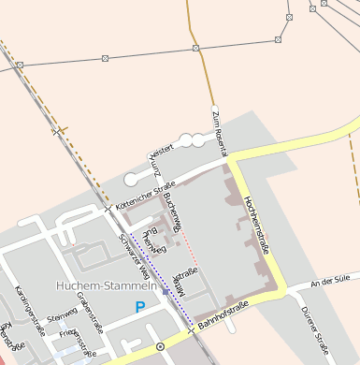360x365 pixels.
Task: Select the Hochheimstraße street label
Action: (255, 224)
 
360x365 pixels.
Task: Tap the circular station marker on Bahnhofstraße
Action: (160, 346)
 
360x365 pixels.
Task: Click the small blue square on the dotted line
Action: (166, 292)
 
